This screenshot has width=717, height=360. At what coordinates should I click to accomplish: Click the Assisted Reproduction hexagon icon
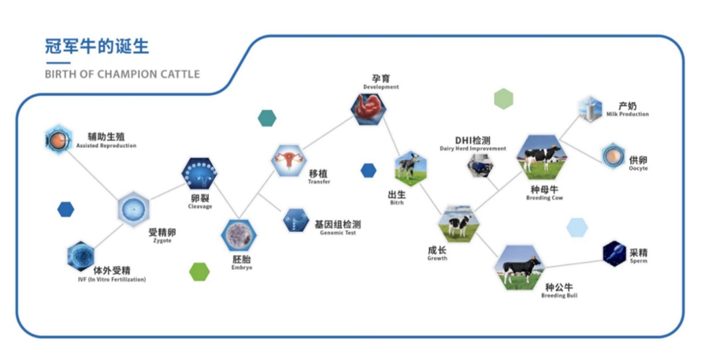[58, 139]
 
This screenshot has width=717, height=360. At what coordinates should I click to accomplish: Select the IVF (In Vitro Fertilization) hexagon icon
[81, 256]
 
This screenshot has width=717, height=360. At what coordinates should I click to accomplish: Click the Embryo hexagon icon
[238, 235]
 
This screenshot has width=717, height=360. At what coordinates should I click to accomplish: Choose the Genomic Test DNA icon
[296, 221]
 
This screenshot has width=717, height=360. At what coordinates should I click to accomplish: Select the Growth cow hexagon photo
[458, 223]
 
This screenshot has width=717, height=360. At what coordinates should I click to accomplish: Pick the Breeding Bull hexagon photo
[519, 267]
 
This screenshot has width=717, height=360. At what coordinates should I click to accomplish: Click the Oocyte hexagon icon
[614, 156]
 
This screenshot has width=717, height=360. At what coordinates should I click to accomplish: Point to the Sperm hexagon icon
[614, 253]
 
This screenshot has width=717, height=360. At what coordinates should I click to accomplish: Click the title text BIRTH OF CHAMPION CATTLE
[122, 74]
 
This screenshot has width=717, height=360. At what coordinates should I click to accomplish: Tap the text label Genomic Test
[338, 233]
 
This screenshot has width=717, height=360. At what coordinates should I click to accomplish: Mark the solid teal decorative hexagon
[267, 119]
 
